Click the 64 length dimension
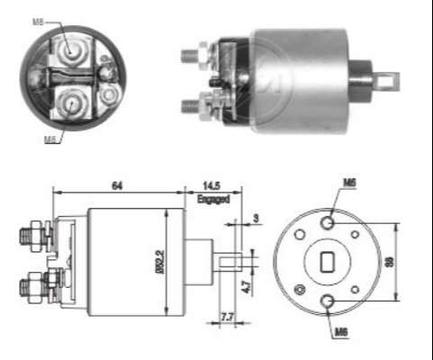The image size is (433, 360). tap(117, 184)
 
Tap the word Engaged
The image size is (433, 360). tap(214, 199)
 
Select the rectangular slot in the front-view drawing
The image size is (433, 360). tap(328, 263)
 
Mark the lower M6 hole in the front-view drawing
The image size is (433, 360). tap(329, 302)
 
